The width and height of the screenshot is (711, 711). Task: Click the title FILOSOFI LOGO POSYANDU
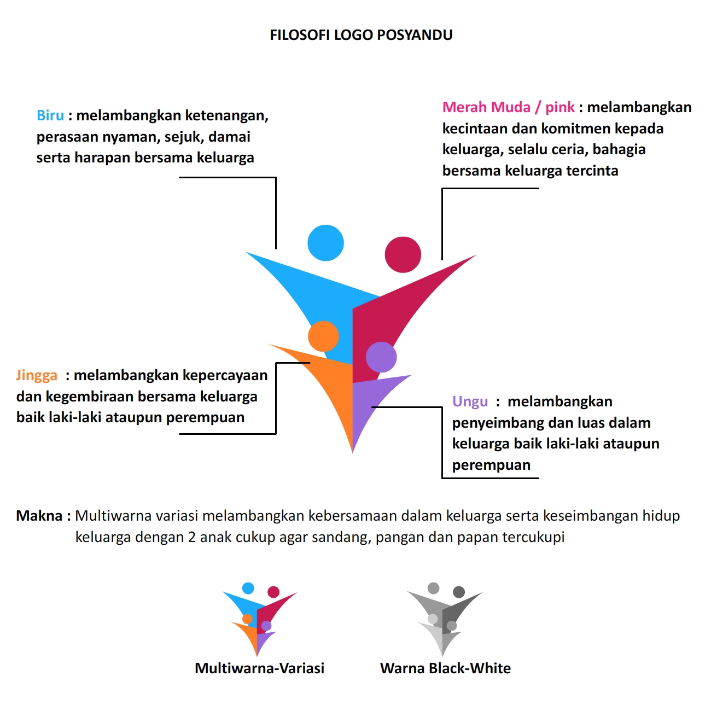click(361, 35)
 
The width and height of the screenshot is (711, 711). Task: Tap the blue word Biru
click(50, 115)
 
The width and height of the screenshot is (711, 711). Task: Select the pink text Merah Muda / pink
click(508, 107)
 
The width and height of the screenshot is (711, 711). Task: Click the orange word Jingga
click(37, 375)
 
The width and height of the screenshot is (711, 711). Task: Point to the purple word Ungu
click(470, 401)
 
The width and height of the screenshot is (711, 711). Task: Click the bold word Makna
click(39, 516)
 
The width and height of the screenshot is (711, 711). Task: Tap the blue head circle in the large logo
click(325, 243)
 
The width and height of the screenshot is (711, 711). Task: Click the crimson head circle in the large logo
click(403, 254)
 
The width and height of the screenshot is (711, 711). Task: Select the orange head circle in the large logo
click(323, 336)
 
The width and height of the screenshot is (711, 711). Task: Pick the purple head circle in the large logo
click(381, 357)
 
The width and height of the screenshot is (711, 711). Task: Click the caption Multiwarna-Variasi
click(259, 668)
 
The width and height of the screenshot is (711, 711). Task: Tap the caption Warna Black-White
click(445, 668)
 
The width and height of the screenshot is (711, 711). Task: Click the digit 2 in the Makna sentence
click(192, 537)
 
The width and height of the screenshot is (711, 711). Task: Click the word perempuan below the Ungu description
click(491, 465)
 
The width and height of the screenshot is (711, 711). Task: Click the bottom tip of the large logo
click(352, 453)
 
